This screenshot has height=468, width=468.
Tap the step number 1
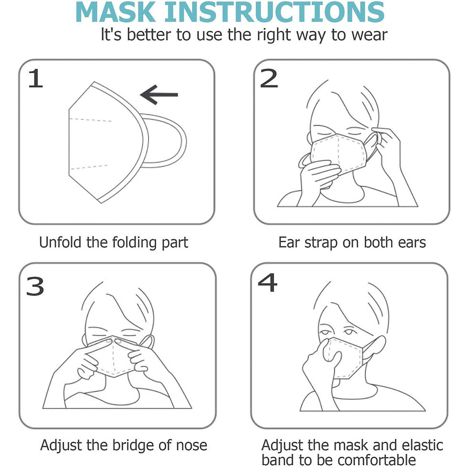[35, 78]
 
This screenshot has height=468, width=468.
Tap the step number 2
[268, 78]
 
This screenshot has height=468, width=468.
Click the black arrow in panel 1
[159, 95]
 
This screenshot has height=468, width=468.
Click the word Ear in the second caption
[289, 242]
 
